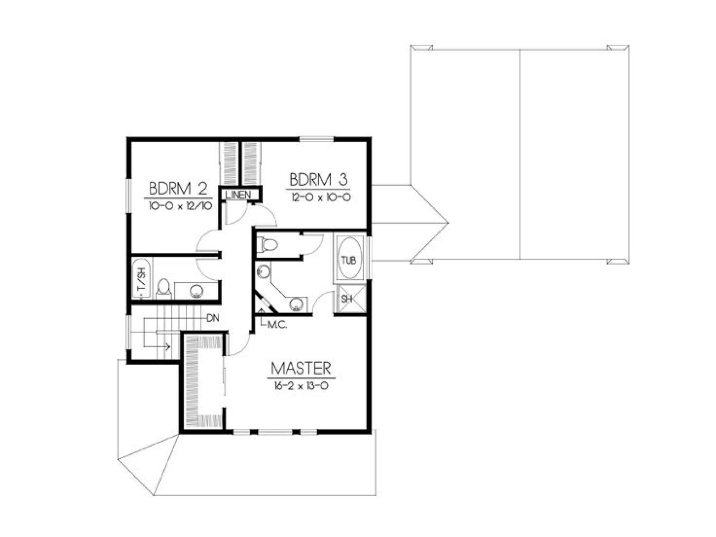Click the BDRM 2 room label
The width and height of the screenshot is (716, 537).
(178, 188)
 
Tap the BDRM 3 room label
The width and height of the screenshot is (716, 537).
(318, 179)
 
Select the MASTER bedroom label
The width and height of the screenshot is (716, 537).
(301, 368)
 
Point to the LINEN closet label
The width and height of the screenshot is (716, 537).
(239, 195)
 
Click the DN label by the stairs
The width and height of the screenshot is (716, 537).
(213, 318)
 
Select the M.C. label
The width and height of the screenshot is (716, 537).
(277, 325)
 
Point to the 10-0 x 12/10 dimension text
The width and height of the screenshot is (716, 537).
(181, 205)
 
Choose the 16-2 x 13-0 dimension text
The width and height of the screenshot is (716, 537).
(301, 386)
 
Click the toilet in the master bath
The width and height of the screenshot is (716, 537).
(267, 244)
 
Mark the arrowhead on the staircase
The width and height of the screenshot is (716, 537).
(168, 346)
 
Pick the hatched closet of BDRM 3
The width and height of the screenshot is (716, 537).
(251, 163)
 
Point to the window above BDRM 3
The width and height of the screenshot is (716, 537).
(317, 140)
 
